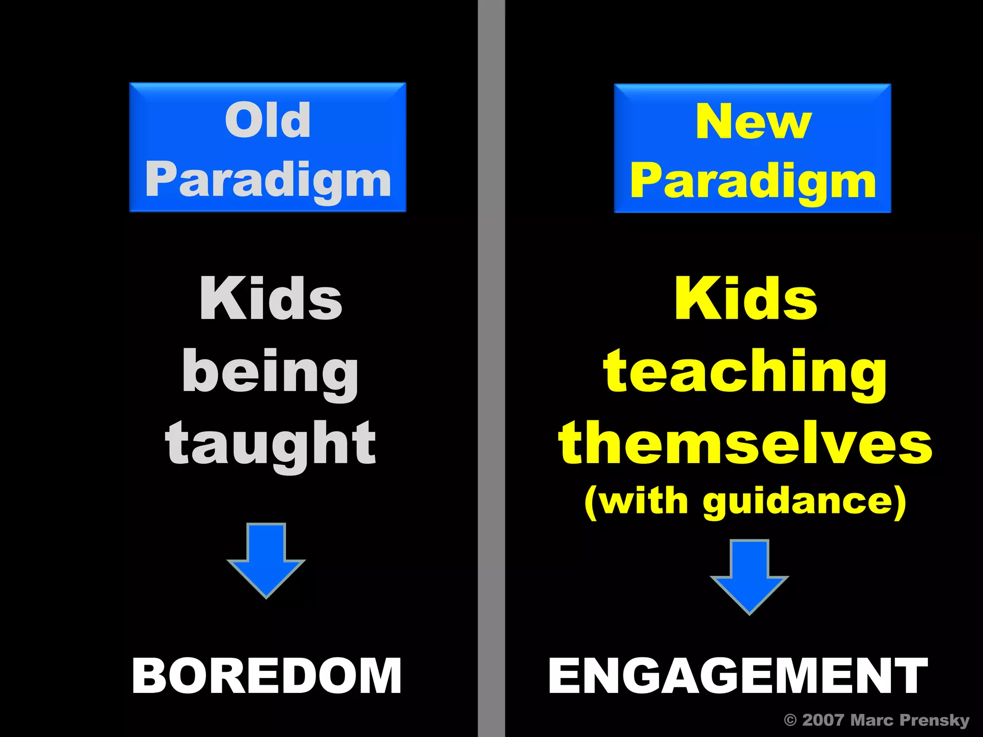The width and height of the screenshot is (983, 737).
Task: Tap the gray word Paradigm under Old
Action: point(268,179)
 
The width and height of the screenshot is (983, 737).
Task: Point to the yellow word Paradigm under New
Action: point(753,181)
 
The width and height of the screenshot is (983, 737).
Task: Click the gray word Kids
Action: point(271,298)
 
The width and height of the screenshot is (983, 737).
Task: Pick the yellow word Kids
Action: point(745,298)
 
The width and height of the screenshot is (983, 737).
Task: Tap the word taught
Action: point(270,444)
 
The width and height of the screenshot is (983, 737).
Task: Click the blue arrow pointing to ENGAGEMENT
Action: point(749,576)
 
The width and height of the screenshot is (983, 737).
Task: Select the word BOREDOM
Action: point(267,676)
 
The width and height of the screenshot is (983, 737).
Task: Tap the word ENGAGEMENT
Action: point(738,676)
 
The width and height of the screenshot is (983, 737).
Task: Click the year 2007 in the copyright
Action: point(823,720)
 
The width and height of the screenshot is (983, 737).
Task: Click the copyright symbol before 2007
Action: point(790,720)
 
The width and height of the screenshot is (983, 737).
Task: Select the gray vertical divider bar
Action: point(491,368)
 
